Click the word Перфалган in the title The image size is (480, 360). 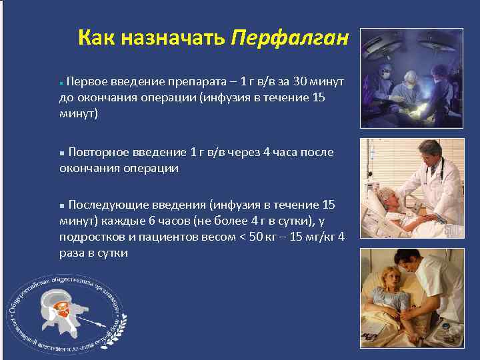(x=290, y=38)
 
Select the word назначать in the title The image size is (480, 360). (x=173, y=38)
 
